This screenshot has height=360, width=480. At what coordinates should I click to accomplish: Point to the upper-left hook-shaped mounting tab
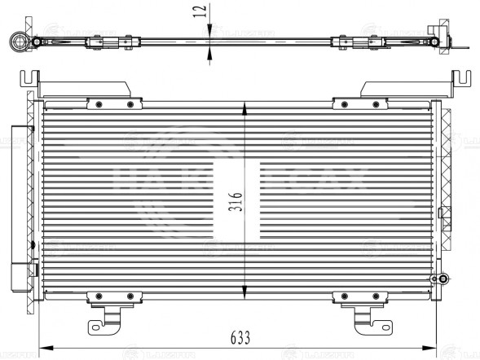[28, 80]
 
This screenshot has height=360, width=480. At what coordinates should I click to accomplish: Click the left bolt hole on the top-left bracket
[98, 103]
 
